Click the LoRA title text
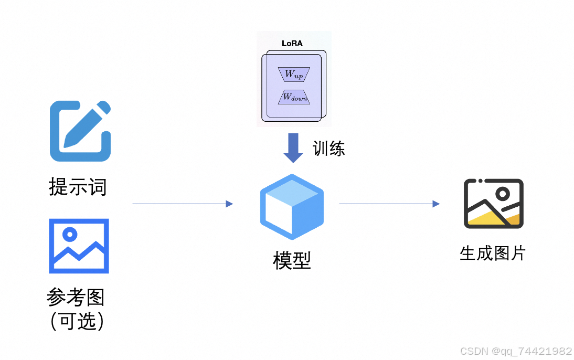click(292, 44)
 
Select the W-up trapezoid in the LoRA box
click(294, 75)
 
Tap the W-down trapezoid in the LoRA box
click(294, 97)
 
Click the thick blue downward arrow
click(293, 148)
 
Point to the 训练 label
click(329, 149)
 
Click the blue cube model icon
click(292, 207)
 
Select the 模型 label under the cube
click(292, 261)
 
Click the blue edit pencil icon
click(80, 131)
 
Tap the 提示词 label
click(78, 187)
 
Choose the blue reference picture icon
click(79, 246)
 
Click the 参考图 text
click(76, 297)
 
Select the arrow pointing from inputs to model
click(183, 204)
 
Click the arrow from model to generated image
click(389, 204)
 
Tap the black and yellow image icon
click(494, 204)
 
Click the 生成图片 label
click(493, 253)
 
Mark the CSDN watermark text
click(516, 351)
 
